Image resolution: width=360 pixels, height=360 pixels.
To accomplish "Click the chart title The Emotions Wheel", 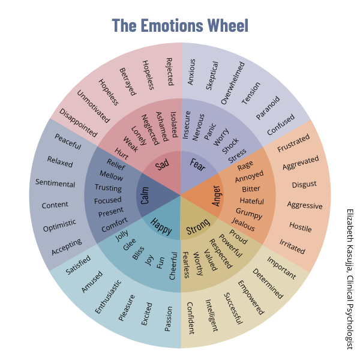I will (x=180, y=25).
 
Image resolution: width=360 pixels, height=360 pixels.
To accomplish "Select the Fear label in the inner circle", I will (x=198, y=164).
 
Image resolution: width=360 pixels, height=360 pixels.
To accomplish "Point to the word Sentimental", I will (x=55, y=184).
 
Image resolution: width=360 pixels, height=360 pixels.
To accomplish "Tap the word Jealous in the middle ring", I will (x=243, y=226).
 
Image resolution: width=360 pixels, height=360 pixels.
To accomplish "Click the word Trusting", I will (x=109, y=188).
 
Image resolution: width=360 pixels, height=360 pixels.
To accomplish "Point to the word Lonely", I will (x=139, y=133).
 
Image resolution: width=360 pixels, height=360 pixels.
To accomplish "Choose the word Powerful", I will (x=230, y=245).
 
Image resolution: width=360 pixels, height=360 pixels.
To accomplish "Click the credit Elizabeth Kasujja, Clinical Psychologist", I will (x=349, y=279).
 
